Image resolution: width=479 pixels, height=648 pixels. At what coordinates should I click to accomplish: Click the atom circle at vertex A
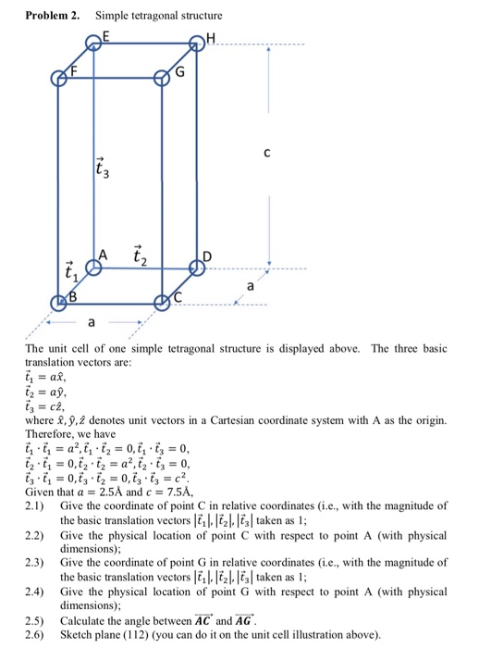point(93,267)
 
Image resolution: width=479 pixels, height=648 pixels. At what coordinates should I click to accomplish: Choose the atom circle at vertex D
point(197,267)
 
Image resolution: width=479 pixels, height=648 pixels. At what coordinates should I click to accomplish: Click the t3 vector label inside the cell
point(103,168)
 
